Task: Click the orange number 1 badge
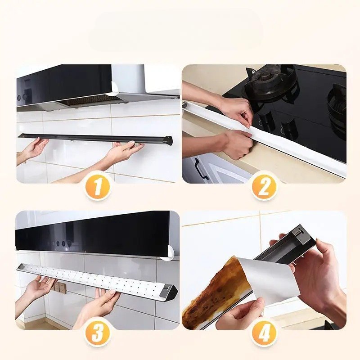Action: tap(98, 185)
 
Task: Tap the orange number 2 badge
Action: tap(264, 185)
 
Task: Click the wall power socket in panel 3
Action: tap(60, 287)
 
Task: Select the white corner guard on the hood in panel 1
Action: tap(115, 88)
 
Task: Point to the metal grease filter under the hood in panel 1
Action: tap(92, 100)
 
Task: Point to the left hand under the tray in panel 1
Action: tap(35, 149)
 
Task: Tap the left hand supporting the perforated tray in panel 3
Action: tap(40, 288)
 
